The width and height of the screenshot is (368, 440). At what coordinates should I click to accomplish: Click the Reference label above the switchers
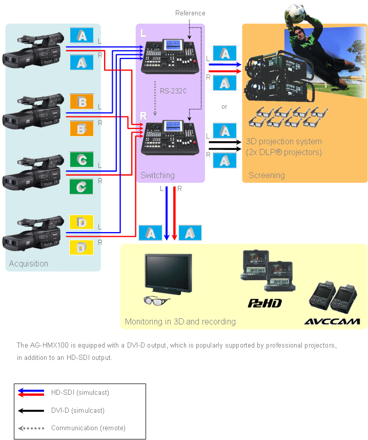coord(190,13)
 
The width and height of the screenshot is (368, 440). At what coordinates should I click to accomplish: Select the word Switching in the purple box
coord(157,175)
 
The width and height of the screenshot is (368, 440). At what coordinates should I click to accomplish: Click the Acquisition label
coord(29,263)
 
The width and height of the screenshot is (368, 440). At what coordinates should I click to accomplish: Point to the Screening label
coord(267,175)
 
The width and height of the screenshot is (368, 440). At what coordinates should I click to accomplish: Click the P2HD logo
coord(264,303)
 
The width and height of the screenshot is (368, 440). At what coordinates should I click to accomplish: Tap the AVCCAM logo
coord(332,321)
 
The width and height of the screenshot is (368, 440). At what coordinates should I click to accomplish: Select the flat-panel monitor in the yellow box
coord(168,275)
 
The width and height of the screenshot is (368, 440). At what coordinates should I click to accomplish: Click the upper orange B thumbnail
coord(81,101)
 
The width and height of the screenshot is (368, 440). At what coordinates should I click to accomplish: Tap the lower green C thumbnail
coord(81,186)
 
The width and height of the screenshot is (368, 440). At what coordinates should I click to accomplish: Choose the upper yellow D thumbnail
coord(81,222)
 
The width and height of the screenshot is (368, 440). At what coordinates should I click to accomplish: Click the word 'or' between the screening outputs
coord(224,107)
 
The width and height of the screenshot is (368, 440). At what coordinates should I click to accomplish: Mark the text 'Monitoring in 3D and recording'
coord(180,321)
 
